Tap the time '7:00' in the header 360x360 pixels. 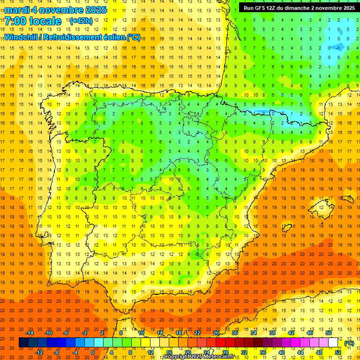[x=18, y=21]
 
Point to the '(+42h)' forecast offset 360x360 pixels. [x=81, y=21]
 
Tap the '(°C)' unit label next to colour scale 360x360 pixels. [x=349, y=343]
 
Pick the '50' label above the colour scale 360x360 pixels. [x=329, y=333]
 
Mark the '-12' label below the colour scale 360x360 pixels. [x=39, y=352]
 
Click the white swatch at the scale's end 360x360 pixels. [x=333, y=343]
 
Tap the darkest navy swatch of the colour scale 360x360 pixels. [x=23, y=343]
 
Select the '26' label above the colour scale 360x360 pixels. [x=216, y=333]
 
